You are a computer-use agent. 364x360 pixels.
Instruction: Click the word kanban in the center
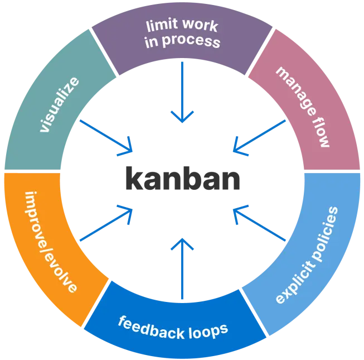click(182, 179)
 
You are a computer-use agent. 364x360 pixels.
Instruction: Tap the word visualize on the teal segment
click(60, 105)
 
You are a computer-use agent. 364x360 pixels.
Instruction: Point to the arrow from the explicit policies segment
click(259, 223)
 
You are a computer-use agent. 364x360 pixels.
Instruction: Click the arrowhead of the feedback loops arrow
click(182, 243)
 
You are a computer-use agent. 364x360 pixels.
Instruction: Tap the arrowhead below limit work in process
click(182, 117)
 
